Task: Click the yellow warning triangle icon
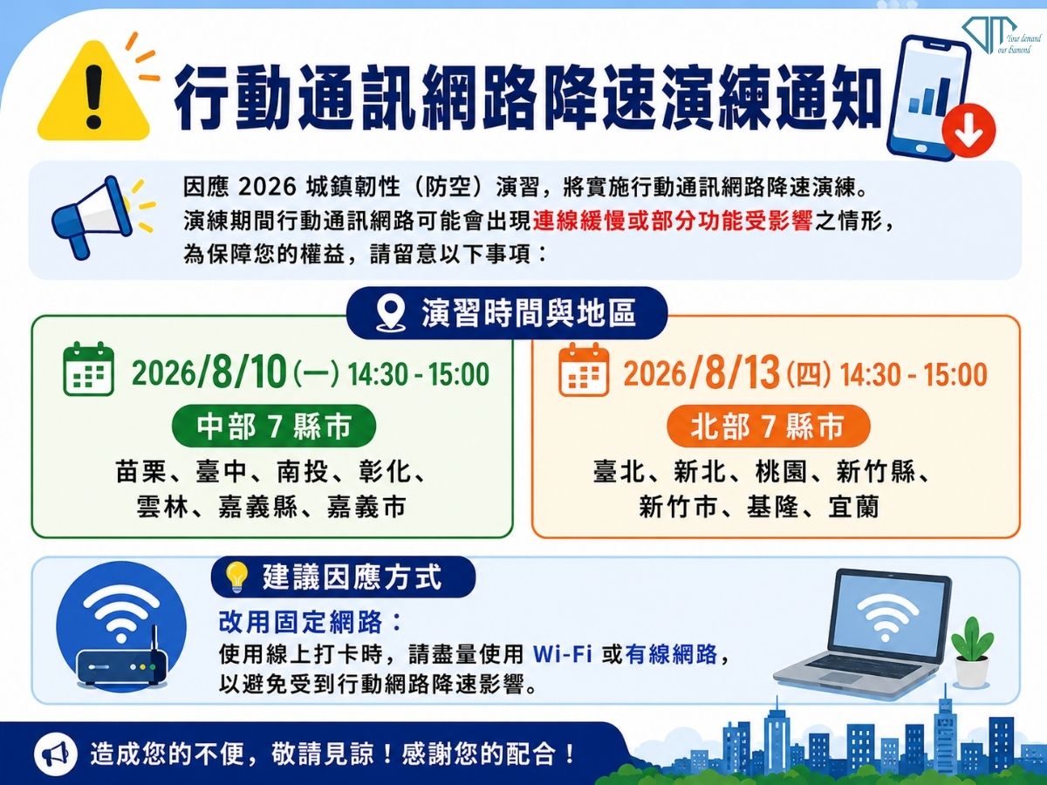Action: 94,93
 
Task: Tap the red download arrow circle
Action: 968,131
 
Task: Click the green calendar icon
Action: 88,368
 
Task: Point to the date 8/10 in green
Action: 247,372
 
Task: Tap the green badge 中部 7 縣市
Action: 274,426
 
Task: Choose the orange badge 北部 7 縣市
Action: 769,427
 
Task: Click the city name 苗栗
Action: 140,472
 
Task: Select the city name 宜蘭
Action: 854,506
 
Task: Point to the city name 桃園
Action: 781,472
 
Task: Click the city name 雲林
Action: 162,506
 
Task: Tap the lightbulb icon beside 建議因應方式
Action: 236,577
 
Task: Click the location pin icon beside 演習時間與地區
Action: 391,313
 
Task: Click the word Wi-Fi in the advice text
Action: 563,654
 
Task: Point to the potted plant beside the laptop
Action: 973,652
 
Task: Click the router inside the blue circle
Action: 122,661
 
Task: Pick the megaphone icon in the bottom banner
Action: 55,754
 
